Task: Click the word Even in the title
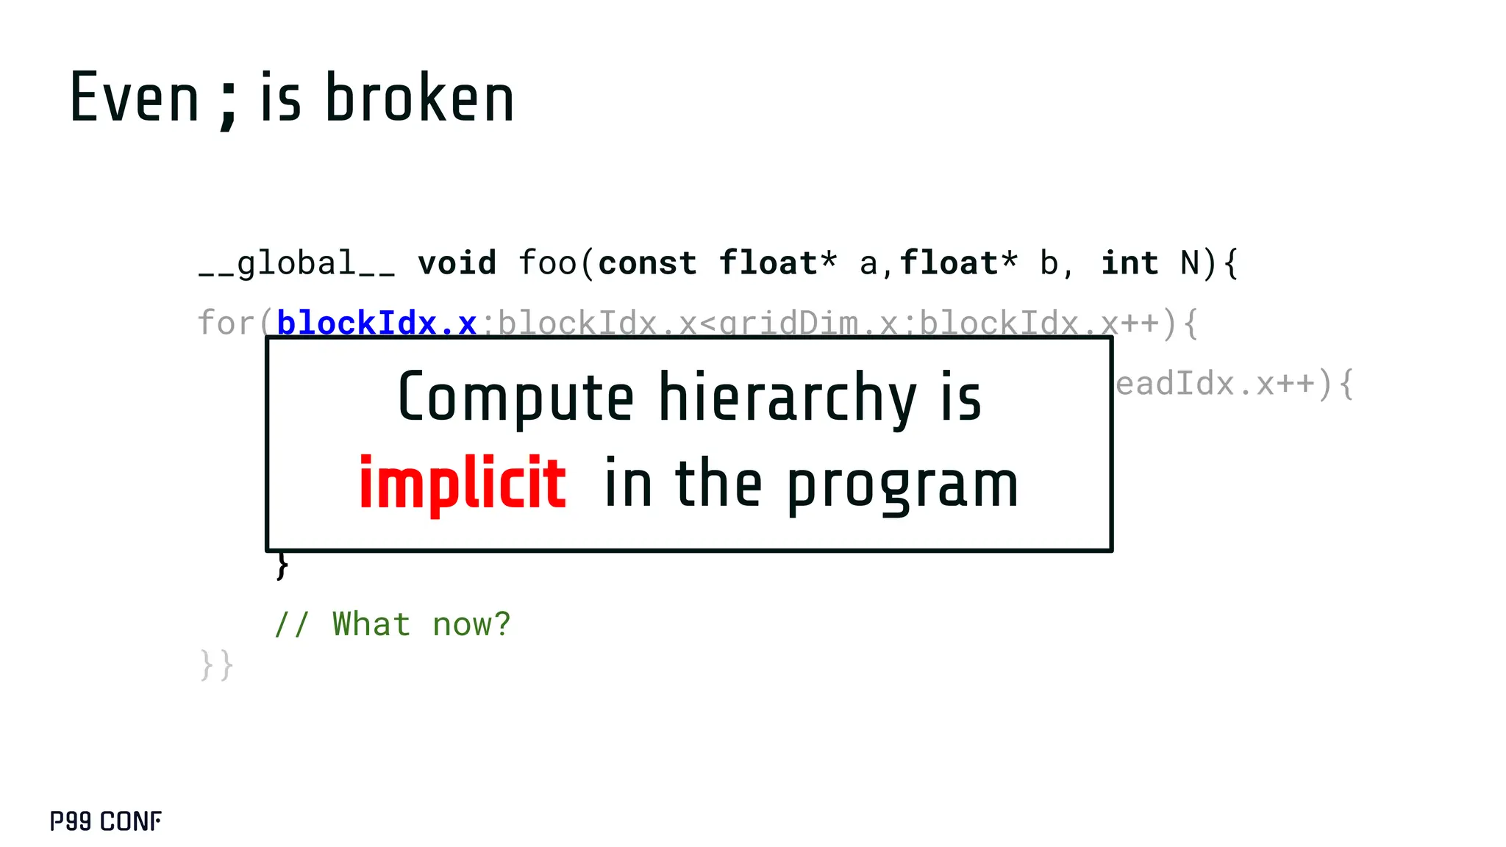134,99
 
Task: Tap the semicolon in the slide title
229,103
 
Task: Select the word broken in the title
419,99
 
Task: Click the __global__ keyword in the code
296,263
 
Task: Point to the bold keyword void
457,263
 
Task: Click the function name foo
548,263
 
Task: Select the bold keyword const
647,263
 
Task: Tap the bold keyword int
1129,263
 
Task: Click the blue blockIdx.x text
376,323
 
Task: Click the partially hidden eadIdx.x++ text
1214,384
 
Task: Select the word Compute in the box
515,398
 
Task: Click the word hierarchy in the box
787,398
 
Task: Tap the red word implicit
463,483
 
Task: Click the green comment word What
371,624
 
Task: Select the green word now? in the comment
471,624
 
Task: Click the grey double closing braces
216,665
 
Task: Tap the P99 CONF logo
106,821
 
